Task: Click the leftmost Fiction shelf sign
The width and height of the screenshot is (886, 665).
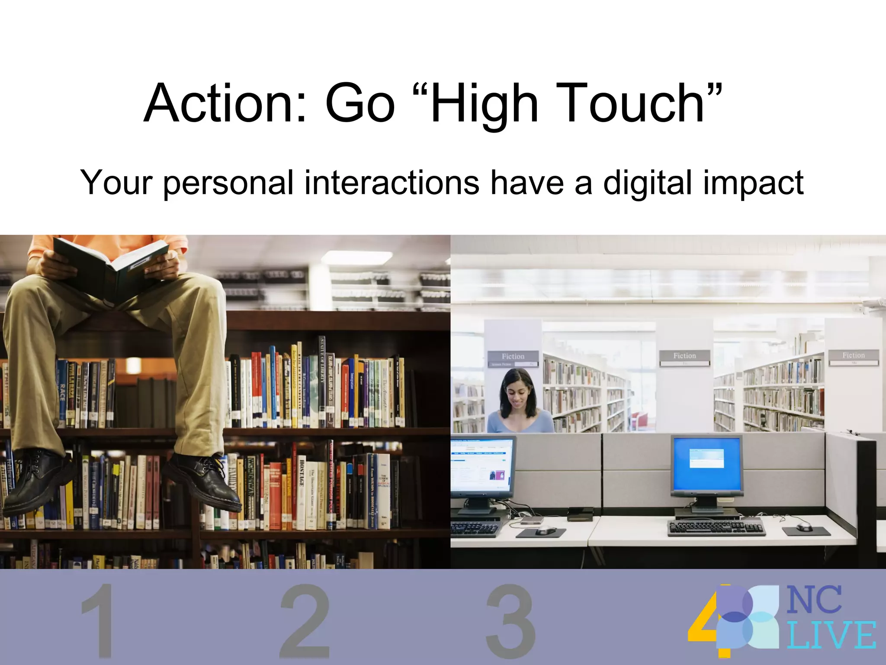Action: [513, 356]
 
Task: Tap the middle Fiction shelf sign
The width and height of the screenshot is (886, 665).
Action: [684, 355]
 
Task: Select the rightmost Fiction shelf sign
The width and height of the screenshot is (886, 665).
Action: [853, 355]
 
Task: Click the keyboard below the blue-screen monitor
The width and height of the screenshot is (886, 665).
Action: [716, 528]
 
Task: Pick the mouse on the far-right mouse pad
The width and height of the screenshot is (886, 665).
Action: [804, 526]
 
